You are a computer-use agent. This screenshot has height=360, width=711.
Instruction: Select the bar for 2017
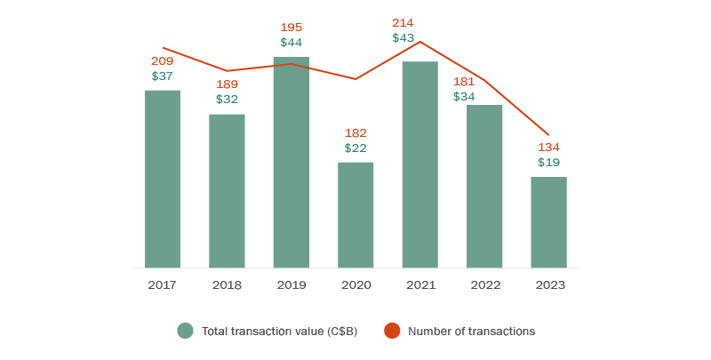(x=163, y=179)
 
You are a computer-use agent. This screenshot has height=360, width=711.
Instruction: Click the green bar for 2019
(x=292, y=162)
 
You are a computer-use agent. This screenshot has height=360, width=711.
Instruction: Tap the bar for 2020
(x=355, y=214)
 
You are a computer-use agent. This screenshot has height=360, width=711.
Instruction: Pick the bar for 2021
(x=419, y=164)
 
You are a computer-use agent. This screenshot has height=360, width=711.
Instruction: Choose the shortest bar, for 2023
(x=548, y=222)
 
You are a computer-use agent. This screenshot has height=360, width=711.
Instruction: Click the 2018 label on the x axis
(x=227, y=285)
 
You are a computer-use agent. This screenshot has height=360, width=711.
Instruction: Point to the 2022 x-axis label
(x=484, y=285)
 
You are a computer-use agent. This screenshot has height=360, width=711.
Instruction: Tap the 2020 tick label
(x=355, y=285)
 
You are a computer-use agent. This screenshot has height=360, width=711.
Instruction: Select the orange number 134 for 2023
(x=548, y=147)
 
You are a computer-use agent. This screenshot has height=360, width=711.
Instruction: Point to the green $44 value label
(x=292, y=43)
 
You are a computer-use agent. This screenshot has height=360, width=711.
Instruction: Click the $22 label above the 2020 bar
(x=355, y=148)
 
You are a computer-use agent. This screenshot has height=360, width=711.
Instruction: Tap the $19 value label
(x=548, y=163)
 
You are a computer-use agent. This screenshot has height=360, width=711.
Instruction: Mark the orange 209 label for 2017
(x=162, y=61)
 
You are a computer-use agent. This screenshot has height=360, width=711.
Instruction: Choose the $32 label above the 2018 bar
(x=227, y=100)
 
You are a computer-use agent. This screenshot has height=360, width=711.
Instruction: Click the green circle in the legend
(x=185, y=331)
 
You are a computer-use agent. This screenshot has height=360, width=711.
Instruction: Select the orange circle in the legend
(x=391, y=331)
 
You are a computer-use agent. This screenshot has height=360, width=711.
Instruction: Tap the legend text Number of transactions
(x=471, y=332)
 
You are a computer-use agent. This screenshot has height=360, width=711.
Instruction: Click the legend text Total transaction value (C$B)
(x=279, y=332)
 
